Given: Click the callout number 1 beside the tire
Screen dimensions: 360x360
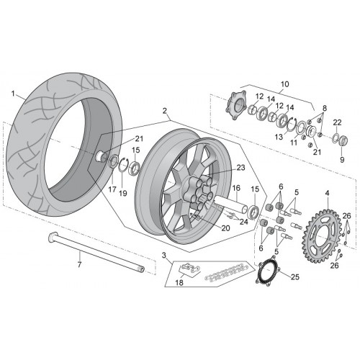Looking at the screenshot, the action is point(13,94).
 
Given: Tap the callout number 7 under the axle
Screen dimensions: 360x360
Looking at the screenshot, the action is point(79,264).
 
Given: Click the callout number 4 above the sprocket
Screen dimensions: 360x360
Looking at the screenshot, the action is point(327,193).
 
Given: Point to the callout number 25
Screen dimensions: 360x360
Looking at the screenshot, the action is point(295,277).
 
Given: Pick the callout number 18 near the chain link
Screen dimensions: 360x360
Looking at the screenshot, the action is point(179,282).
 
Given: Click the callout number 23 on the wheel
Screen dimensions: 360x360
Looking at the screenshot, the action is point(240,168).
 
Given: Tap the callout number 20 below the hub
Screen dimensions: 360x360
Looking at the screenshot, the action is point(225,228).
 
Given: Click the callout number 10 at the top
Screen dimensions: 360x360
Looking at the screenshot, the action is point(284,84).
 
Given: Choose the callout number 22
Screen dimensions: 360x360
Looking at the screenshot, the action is point(337,122).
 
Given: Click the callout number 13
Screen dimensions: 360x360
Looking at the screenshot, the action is point(279,137).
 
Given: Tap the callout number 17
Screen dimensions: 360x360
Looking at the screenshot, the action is point(112,189).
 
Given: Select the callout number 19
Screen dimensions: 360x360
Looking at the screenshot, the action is point(123,193).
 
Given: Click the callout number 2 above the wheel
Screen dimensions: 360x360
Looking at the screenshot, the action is point(164,111).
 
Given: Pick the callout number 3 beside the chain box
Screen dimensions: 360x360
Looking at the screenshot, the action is point(163,255).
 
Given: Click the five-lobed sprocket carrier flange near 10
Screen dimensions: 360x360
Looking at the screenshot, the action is point(235,106).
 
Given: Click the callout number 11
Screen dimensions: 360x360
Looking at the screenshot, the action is point(294,143).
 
